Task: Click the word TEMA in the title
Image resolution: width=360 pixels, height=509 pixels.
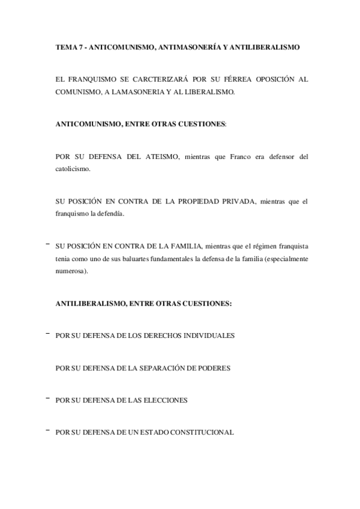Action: click(65, 46)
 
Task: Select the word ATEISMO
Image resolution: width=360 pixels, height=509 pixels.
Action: click(160, 157)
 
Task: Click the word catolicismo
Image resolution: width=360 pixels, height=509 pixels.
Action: click(72, 169)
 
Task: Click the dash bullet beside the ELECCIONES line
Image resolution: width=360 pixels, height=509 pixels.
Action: click(47, 397)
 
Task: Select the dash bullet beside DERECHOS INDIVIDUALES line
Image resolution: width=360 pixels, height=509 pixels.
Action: click(47, 333)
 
